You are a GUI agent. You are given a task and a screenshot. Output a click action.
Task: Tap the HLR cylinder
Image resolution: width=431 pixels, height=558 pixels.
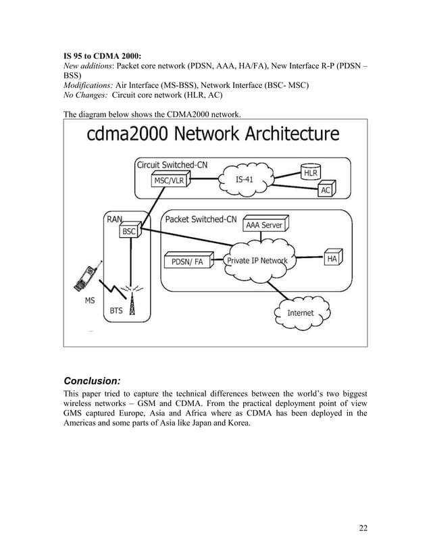[x=311, y=172]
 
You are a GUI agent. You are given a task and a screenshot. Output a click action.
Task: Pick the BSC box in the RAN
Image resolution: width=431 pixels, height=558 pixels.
[x=128, y=231]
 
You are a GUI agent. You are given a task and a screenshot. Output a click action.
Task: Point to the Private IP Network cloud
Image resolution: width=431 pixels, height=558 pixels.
[x=257, y=261]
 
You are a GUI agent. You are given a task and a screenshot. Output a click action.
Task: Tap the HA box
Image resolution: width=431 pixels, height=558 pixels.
[x=332, y=259]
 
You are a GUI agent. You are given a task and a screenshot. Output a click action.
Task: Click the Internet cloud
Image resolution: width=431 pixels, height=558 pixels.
[x=301, y=312]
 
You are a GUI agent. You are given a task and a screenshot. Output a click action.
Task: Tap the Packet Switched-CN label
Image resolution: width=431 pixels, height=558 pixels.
[x=201, y=219]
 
